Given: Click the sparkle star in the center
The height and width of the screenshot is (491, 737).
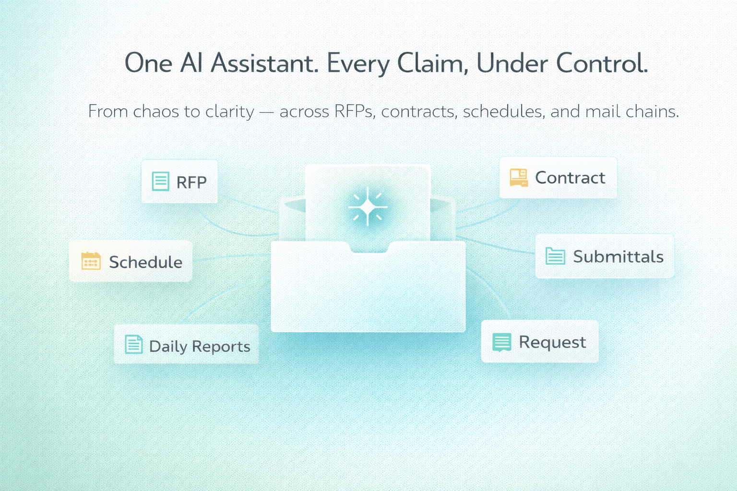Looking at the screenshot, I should point(368,207).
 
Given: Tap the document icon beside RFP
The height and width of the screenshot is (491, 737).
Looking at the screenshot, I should point(160,181).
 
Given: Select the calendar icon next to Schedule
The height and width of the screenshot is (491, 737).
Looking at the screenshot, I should point(91,261).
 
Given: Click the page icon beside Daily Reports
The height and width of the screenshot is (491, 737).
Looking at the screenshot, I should point(133,344).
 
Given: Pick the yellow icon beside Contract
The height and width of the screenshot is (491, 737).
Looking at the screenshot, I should point(518,177).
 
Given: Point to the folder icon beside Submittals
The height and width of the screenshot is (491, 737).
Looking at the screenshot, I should point(555,256).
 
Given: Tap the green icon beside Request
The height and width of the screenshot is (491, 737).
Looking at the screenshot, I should point(501,342).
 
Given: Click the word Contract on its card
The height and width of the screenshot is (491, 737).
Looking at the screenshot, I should point(570,178).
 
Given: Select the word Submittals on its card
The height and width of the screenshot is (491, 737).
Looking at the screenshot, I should point(618,257).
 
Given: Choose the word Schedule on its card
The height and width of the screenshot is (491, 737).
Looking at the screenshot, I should point(145,262).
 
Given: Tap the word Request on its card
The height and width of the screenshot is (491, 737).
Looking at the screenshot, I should point(552,342).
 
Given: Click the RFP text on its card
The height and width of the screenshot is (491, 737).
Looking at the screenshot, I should point(191,182).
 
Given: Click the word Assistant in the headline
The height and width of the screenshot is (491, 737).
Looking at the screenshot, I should point(264,63).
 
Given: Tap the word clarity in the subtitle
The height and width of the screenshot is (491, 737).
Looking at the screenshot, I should point(230,112).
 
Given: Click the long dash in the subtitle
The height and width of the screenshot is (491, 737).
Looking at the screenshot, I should point(266,112).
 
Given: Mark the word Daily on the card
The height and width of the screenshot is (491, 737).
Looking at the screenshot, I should point(167,347).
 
